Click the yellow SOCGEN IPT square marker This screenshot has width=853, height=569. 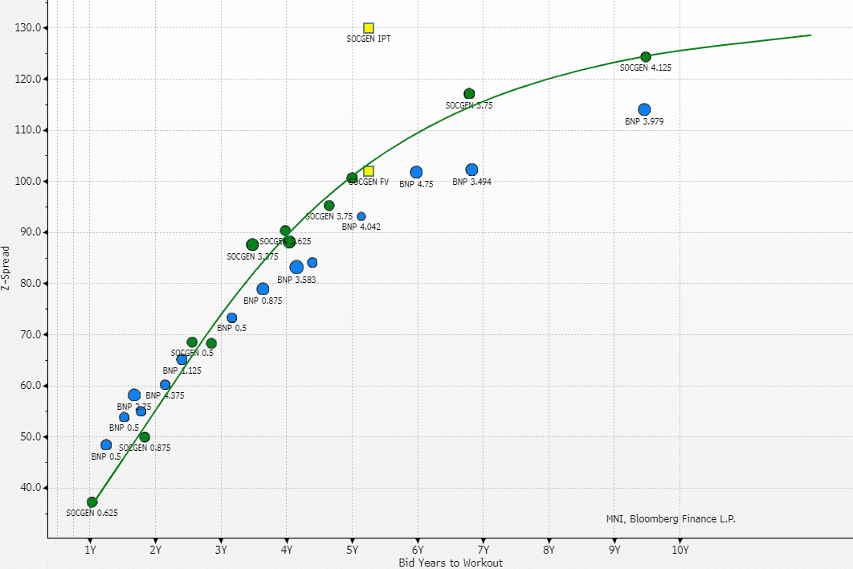click(x=369, y=28)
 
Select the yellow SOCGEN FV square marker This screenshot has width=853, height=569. click(x=369, y=171)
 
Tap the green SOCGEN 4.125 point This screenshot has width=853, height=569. click(x=646, y=57)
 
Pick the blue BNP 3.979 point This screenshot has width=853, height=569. click(x=644, y=109)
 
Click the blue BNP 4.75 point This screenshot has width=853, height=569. click(x=416, y=172)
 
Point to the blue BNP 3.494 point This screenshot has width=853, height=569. click(x=471, y=170)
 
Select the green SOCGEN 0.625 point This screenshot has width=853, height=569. click(x=92, y=502)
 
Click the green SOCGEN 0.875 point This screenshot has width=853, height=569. click(x=145, y=437)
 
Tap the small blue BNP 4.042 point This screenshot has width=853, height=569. click(x=361, y=216)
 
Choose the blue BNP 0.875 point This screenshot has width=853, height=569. click(x=263, y=289)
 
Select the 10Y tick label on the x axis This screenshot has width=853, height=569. click(x=680, y=550)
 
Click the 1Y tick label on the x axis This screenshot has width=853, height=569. click(x=91, y=550)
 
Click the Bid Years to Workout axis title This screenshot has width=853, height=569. click(x=451, y=563)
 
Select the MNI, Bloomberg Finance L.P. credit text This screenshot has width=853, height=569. click(x=671, y=519)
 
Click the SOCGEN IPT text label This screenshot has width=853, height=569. click(x=369, y=39)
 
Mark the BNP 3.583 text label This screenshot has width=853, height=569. click(x=296, y=280)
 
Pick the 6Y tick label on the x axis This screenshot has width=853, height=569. click(x=418, y=550)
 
